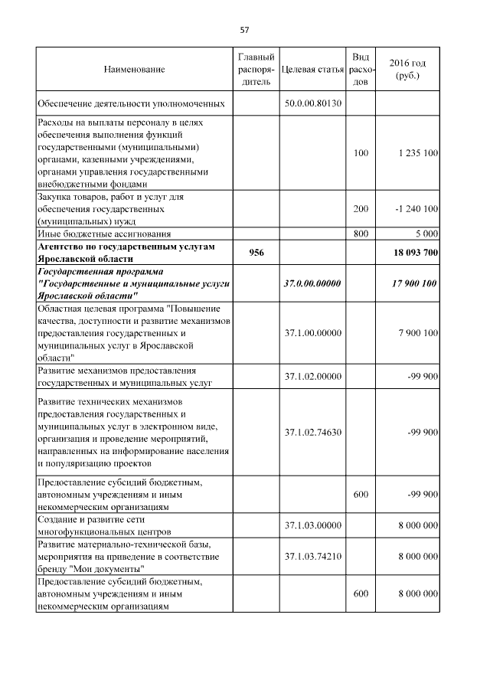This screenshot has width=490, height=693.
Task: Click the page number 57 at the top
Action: (x=244, y=30)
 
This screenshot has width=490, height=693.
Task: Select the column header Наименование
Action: (x=134, y=70)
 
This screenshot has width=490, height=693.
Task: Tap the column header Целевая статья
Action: (x=312, y=70)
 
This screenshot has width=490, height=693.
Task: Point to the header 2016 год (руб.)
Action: (x=407, y=70)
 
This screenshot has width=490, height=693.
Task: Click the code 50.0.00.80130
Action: (x=312, y=103)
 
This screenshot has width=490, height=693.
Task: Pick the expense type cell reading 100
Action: (x=361, y=153)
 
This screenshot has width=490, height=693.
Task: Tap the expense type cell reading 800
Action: (x=361, y=233)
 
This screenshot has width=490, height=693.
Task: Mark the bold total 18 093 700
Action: (x=413, y=253)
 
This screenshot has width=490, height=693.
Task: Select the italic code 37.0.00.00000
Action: (x=312, y=283)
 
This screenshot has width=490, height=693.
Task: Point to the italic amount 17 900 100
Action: (x=413, y=283)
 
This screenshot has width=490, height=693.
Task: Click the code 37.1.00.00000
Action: (x=312, y=333)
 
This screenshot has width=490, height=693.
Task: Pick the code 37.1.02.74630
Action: (x=312, y=432)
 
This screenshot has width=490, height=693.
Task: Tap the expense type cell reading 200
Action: (x=361, y=208)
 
